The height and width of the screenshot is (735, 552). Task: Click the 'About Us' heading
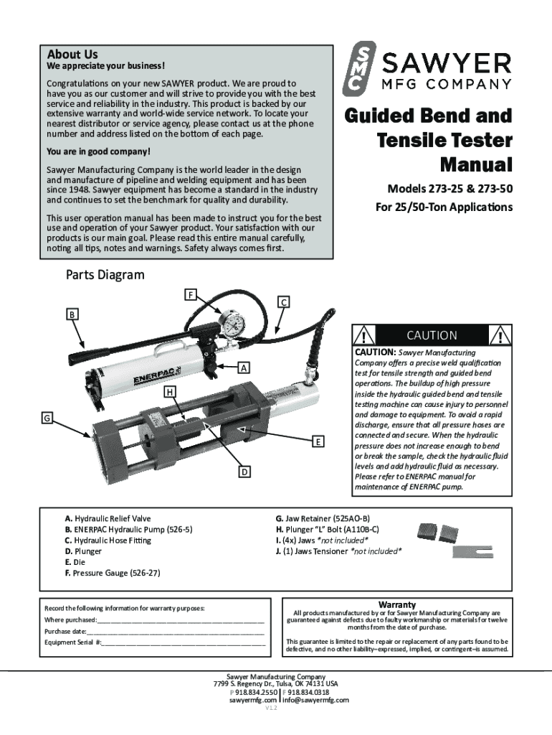pos(72,55)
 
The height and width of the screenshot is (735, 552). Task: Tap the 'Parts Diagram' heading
pos(105,275)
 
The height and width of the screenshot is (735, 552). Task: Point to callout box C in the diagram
pos(284,302)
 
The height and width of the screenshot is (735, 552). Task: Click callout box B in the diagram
pos(73,314)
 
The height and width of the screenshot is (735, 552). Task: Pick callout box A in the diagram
pos(244,367)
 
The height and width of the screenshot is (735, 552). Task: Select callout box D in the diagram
pos(244,472)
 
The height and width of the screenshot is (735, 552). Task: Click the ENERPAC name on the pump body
pos(152,377)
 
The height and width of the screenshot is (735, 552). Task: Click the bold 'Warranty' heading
pos(396,605)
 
